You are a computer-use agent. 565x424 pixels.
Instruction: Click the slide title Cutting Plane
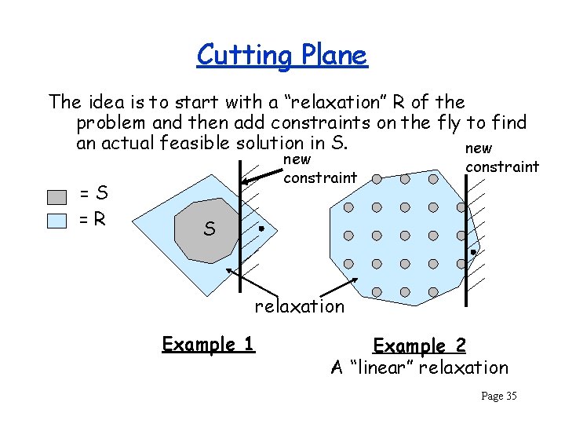pyautogui.click(x=282, y=55)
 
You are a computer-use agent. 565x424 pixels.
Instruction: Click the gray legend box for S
pyautogui.click(x=56, y=196)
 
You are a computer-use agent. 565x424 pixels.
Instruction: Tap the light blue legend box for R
pyautogui.click(x=56, y=220)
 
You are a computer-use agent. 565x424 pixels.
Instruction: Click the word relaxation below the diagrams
pyautogui.click(x=299, y=306)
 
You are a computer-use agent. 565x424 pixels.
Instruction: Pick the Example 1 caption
pyautogui.click(x=208, y=344)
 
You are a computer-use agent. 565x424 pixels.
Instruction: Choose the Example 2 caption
pyautogui.click(x=419, y=345)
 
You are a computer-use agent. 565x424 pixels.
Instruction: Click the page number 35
pyautogui.click(x=499, y=396)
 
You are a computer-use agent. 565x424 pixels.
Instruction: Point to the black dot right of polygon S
pyautogui.click(x=261, y=229)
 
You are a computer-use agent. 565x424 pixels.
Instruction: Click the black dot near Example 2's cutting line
pyautogui.click(x=473, y=252)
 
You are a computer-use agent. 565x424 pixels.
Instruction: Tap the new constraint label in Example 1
pyautogui.click(x=320, y=169)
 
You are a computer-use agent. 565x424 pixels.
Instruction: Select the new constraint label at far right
pyautogui.click(x=501, y=157)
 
